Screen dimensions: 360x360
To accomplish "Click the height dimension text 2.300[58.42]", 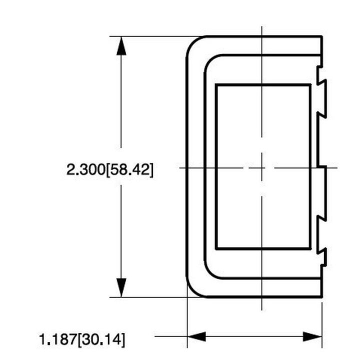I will point(110,169).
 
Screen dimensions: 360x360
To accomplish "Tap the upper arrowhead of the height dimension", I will point(120,45).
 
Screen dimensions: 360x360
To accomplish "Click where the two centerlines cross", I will point(261,167).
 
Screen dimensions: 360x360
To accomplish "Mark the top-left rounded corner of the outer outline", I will point(192,43).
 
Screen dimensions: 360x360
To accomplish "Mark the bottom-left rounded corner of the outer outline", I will point(192,291).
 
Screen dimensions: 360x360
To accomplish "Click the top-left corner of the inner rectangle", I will point(216,85).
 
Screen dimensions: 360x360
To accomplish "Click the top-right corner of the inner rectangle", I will point(310,85).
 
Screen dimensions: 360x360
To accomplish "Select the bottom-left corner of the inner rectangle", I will point(216,248).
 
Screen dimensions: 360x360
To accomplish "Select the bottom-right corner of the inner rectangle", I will point(310,248).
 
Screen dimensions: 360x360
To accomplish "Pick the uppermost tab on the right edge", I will point(322,97).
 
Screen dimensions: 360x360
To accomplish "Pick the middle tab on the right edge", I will point(322,192).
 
